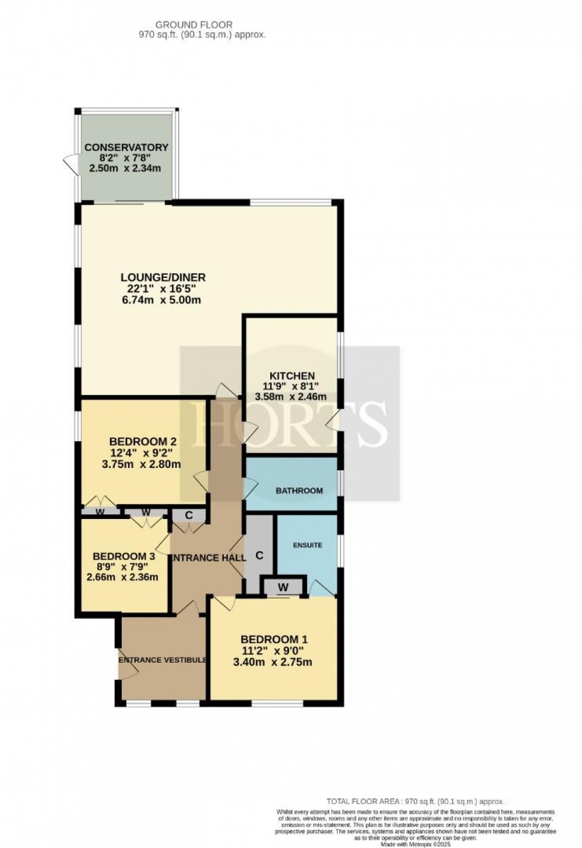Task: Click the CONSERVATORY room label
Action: click(126, 147)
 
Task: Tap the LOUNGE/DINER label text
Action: click(163, 277)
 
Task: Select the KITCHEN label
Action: click(292, 375)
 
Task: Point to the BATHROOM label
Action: click(299, 491)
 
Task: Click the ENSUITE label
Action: click(307, 545)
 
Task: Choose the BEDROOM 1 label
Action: click(274, 639)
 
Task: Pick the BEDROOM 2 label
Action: click(143, 442)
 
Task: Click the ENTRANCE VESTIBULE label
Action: click(162, 660)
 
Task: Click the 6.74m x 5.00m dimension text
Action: click(160, 300)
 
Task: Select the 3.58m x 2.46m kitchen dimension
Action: click(291, 397)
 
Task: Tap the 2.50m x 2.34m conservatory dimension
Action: click(125, 169)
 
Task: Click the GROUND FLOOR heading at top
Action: click(194, 24)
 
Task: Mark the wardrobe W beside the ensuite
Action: click(283, 587)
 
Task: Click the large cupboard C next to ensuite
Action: click(259, 556)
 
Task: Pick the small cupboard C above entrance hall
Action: click(188, 515)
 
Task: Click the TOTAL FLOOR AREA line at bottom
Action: click(415, 801)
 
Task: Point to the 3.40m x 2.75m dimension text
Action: click(273, 662)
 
